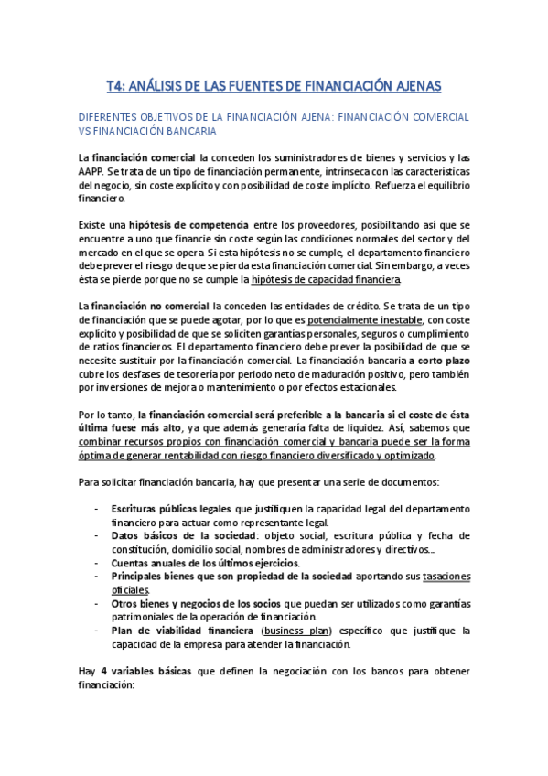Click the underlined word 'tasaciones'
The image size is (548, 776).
(x=435, y=577)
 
